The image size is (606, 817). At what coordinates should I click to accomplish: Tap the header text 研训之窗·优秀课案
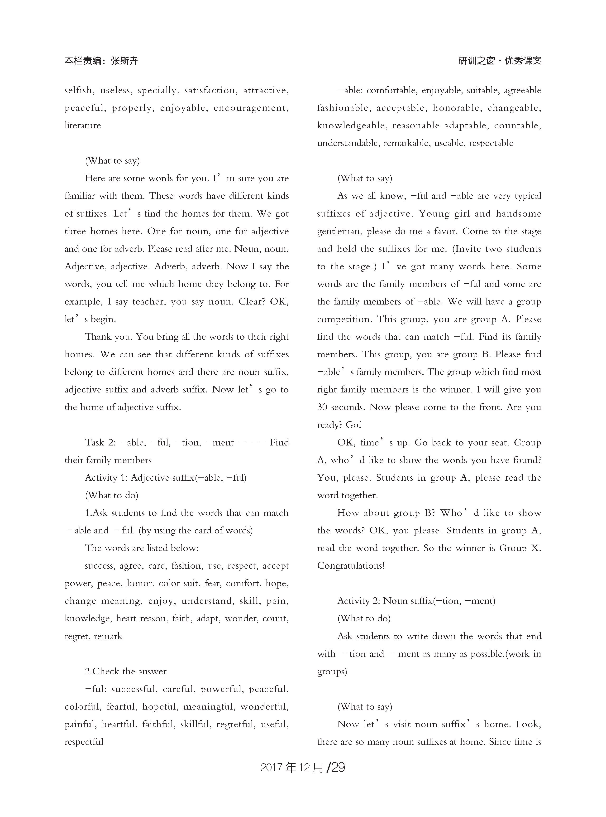[x=500, y=61]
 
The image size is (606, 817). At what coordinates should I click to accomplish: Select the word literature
[x=82, y=126]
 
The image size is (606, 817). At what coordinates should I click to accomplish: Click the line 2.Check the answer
[x=125, y=671]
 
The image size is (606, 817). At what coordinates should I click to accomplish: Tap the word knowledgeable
[x=351, y=126]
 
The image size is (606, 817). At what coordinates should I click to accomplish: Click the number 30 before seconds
[x=322, y=407]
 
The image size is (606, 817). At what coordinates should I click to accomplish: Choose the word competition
[x=344, y=319]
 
